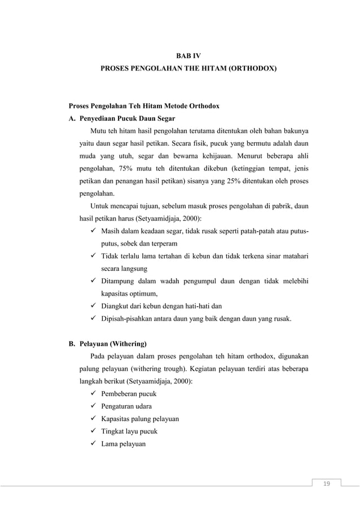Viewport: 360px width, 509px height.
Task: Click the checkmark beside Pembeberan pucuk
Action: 94,394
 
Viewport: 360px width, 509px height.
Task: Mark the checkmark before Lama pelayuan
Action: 94,444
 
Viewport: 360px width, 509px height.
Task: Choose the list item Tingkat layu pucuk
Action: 129,432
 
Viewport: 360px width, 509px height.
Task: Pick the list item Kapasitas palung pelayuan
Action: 139,419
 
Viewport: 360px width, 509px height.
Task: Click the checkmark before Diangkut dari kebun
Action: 94,306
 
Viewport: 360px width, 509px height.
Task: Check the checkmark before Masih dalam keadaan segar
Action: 94,231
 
